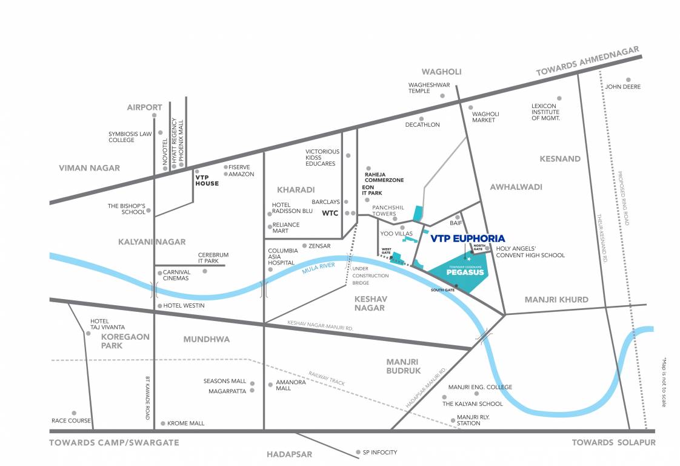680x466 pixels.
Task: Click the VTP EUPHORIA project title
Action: pos(467,238)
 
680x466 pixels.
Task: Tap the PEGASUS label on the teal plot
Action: pos(465,272)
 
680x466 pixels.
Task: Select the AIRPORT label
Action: pos(144,107)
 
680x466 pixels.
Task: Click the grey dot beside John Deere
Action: pos(628,79)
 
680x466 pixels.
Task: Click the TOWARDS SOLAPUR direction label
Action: pos(613,442)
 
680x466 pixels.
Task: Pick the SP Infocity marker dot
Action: pos(358,452)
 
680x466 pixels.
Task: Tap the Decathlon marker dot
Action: pos(421,119)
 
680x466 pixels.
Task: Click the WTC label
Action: pos(330,213)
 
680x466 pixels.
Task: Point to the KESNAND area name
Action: pos(560,159)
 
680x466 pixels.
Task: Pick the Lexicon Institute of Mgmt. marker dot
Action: pos(559,98)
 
